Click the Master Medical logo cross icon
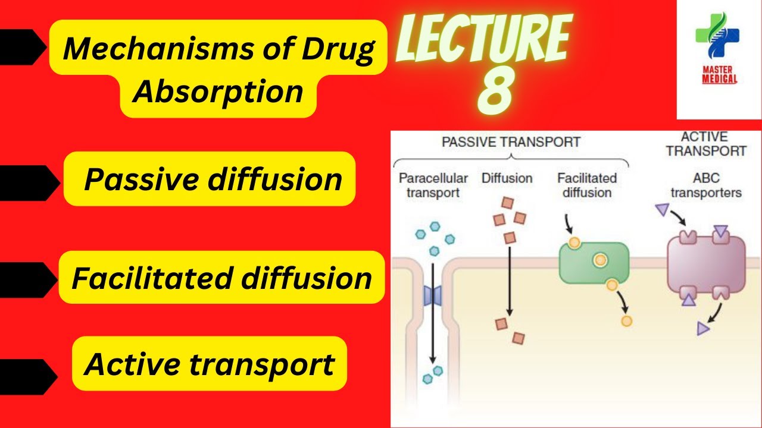pos(717,36)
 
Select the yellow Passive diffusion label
pos(213,179)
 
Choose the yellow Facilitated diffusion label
pos(221,278)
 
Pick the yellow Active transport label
pos(209,364)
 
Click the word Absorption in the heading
pos(218,92)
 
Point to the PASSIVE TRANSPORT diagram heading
pos(511,143)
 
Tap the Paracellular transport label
pos(433,185)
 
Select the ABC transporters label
pos(705,185)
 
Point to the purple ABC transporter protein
pos(706,264)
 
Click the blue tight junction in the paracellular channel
pos(432,295)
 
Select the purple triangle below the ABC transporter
pos(704,328)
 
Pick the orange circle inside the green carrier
pos(600,260)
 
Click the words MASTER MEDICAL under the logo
pos(719,74)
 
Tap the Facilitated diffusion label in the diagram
pos(587,185)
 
